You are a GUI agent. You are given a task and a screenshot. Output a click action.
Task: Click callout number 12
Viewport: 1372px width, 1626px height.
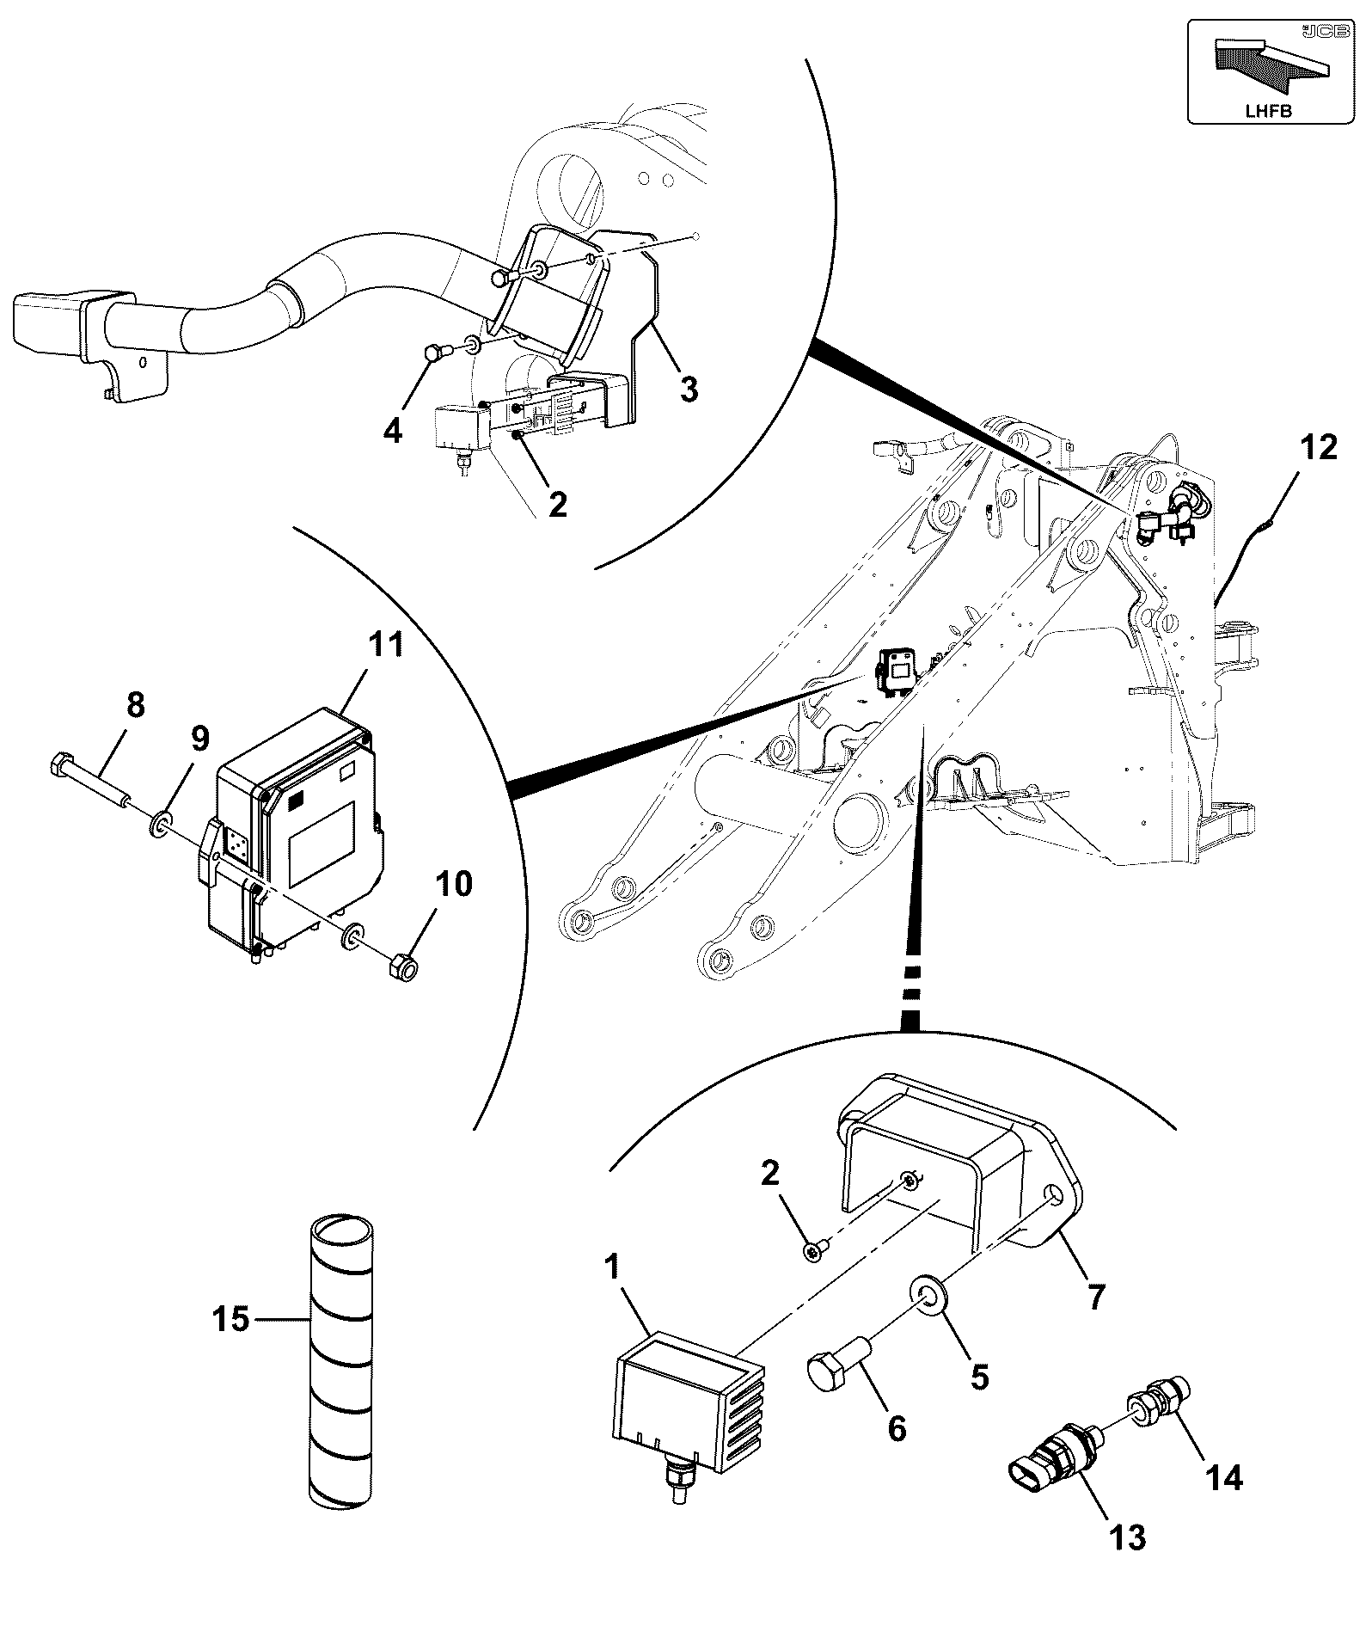(1319, 448)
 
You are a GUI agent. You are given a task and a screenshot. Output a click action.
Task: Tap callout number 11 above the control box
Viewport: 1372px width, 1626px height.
(386, 645)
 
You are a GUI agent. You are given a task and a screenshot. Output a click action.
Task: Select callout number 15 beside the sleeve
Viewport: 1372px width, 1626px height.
(232, 1318)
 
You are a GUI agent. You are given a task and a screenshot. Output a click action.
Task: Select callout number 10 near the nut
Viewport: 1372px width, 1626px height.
(455, 883)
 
